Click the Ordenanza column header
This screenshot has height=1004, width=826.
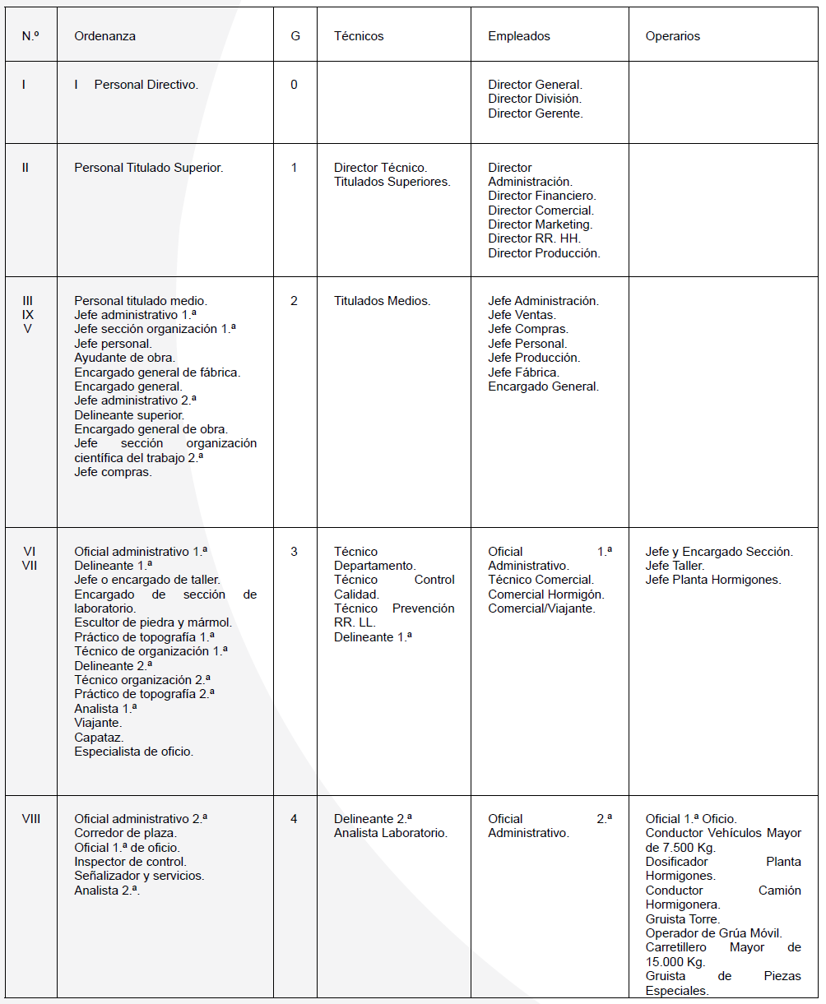click(104, 36)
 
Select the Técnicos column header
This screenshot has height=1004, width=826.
click(359, 36)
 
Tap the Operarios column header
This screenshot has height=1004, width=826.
click(672, 36)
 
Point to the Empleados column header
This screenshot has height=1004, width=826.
click(518, 36)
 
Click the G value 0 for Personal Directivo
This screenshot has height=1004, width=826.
click(294, 85)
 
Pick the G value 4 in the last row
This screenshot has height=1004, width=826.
click(294, 819)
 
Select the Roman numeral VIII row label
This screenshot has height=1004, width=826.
click(30, 819)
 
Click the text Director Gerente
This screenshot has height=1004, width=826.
click(535, 113)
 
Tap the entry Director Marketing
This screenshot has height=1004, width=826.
click(540, 224)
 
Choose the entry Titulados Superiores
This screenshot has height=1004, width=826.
click(392, 182)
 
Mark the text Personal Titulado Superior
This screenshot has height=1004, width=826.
click(148, 168)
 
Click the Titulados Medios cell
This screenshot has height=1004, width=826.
click(382, 301)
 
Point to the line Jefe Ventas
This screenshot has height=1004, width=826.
click(522, 315)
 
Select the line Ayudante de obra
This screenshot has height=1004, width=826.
click(123, 358)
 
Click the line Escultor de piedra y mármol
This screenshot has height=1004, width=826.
click(153, 622)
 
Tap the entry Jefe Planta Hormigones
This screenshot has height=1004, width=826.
click(712, 580)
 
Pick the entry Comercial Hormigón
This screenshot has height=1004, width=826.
click(545, 594)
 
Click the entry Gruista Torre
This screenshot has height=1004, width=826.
click(682, 919)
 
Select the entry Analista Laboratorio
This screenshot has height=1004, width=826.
click(390, 833)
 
